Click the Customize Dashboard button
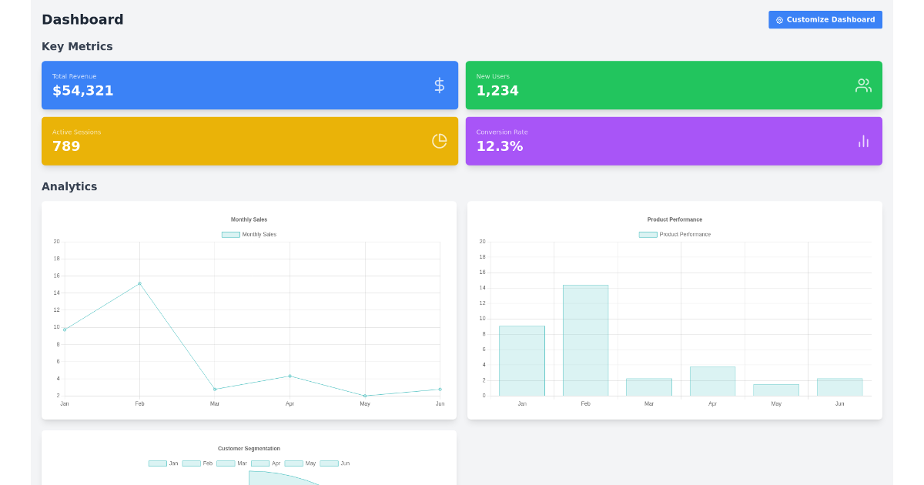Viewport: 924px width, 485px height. click(825, 20)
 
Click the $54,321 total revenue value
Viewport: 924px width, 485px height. click(83, 91)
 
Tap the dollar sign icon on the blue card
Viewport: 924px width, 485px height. click(439, 85)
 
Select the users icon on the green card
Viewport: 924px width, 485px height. click(863, 85)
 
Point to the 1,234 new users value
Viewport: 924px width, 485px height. click(497, 91)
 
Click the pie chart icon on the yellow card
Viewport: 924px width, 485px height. click(439, 141)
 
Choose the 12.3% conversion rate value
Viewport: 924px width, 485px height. click(500, 146)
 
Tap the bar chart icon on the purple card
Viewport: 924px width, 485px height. click(863, 141)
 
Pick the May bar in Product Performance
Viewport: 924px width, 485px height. click(775, 390)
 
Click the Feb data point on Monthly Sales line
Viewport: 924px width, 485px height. click(139, 283)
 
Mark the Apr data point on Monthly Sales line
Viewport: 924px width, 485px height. click(290, 376)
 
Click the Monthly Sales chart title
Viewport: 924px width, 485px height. click(249, 219)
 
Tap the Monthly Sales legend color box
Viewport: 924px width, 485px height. click(231, 235)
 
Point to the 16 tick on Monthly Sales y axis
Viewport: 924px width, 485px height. click(56, 276)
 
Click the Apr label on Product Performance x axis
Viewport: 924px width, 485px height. click(712, 403)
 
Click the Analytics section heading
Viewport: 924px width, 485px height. click(69, 186)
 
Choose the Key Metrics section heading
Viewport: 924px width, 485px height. click(77, 46)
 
